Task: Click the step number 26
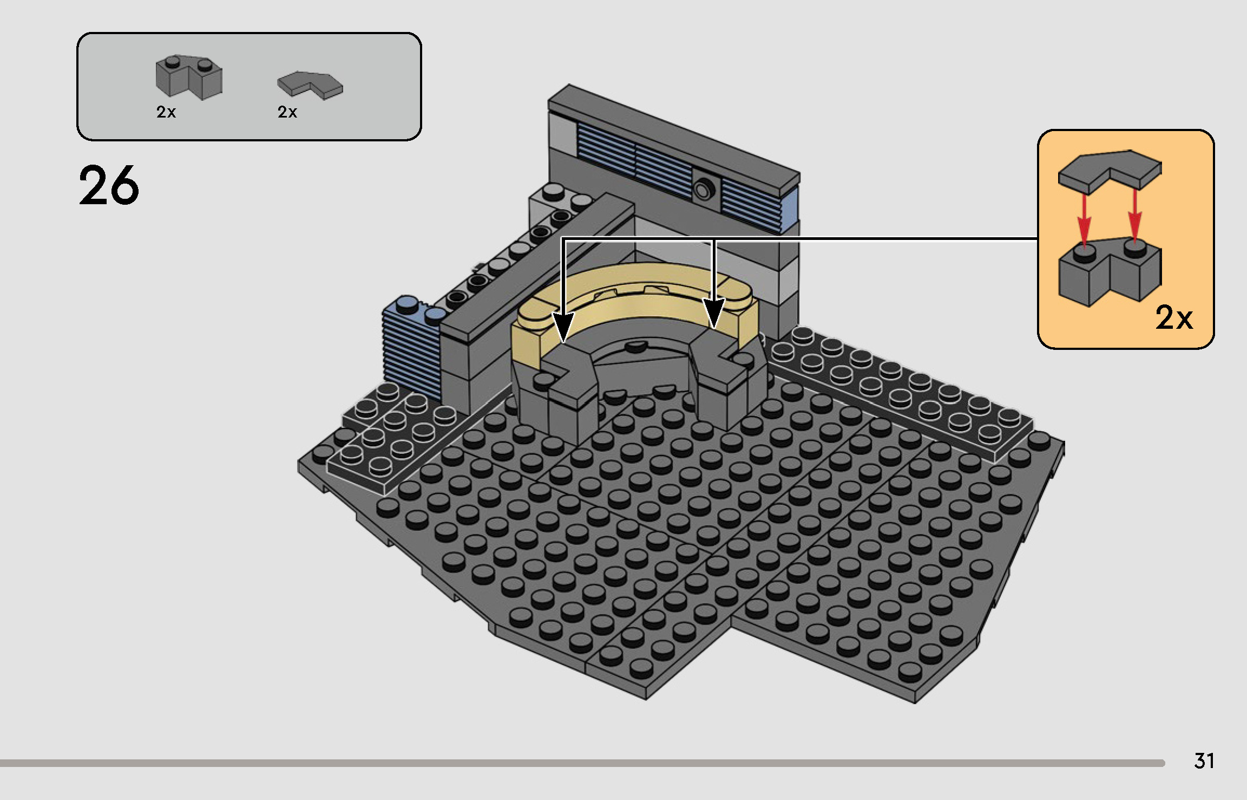tap(109, 186)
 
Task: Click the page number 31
tap(1204, 761)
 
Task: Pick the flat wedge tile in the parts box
tap(310, 85)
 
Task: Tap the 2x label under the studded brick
tap(166, 112)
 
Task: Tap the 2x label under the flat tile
tap(287, 112)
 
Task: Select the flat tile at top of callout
tap(1110, 170)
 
